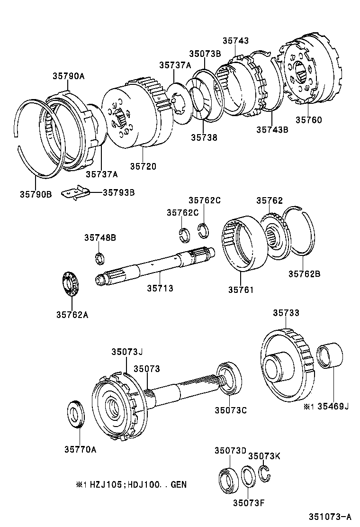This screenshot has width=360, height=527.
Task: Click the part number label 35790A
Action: [x=68, y=75]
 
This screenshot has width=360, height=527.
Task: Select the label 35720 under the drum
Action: [x=143, y=166]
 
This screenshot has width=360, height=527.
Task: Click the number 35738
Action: [x=204, y=137]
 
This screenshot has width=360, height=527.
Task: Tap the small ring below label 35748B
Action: [x=99, y=258]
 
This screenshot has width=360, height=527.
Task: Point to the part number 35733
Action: [x=286, y=313]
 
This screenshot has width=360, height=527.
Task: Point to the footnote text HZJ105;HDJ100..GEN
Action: [x=135, y=484]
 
